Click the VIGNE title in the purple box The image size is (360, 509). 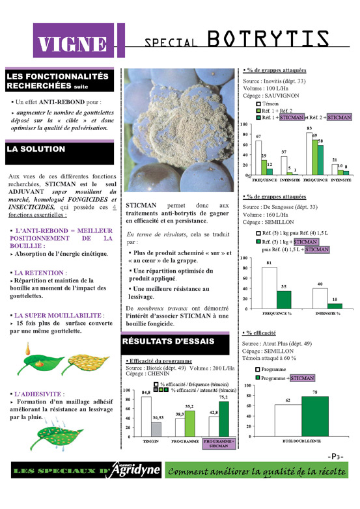[72, 44]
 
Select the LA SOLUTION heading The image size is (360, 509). [36, 149]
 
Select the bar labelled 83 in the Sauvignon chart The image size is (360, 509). [309, 153]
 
